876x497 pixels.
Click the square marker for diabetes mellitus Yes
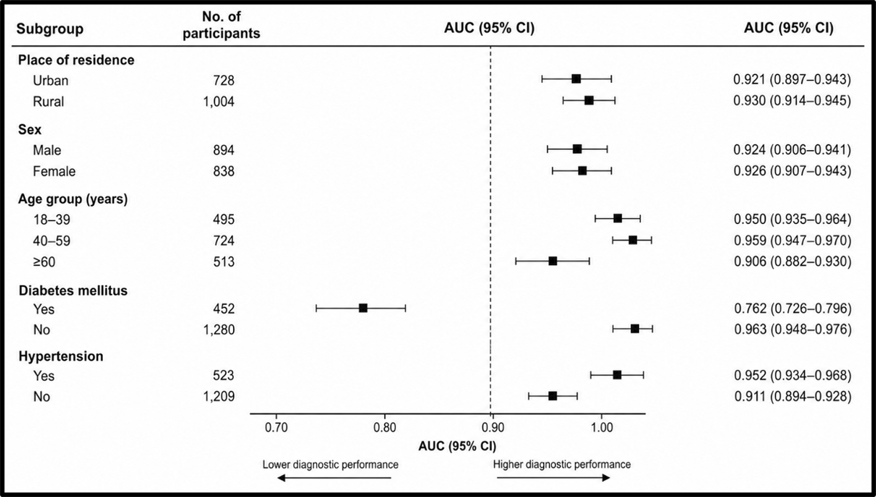363,308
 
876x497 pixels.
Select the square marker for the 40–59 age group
633,240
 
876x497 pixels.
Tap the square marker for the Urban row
576,79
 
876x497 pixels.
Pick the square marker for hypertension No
553,396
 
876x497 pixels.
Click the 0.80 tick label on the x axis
385,427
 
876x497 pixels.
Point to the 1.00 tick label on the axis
602,427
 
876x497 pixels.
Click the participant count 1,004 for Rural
218,102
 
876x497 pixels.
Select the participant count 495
224,219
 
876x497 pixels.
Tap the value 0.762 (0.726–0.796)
793,309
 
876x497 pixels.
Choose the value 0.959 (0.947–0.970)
793,240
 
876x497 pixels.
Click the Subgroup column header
50,28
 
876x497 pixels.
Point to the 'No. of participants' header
221,25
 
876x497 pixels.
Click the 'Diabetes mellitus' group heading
73,291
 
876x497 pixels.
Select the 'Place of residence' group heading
76,60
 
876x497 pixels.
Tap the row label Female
54,171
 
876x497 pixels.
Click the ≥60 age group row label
44,261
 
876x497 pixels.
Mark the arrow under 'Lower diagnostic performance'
334,478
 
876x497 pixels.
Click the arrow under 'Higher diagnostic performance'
554,478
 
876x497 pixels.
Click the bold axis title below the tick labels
457,446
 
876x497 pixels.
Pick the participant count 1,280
218,330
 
